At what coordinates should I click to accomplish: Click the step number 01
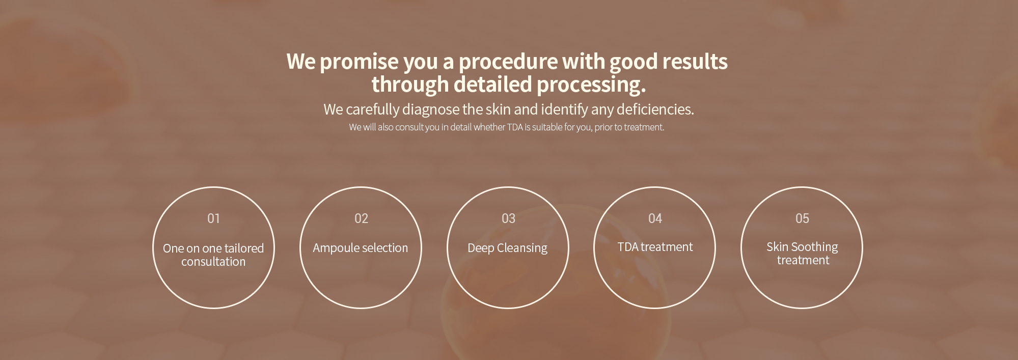213,218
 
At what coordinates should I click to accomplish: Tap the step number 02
361,218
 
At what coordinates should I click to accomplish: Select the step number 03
508,218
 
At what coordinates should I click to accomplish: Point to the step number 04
655,218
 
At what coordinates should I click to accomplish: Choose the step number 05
802,218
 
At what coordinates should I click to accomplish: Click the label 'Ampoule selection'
360,248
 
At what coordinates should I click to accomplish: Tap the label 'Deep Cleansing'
507,248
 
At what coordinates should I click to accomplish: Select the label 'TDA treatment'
655,247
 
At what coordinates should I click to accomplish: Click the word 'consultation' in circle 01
213,262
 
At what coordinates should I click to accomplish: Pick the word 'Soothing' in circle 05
814,247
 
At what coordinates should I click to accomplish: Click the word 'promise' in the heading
359,62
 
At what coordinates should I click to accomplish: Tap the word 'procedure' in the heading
508,62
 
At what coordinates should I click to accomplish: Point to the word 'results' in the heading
695,61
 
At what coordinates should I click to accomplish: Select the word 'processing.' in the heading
591,85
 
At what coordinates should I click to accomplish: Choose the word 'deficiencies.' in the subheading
655,109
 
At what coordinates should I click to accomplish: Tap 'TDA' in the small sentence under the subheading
515,127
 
